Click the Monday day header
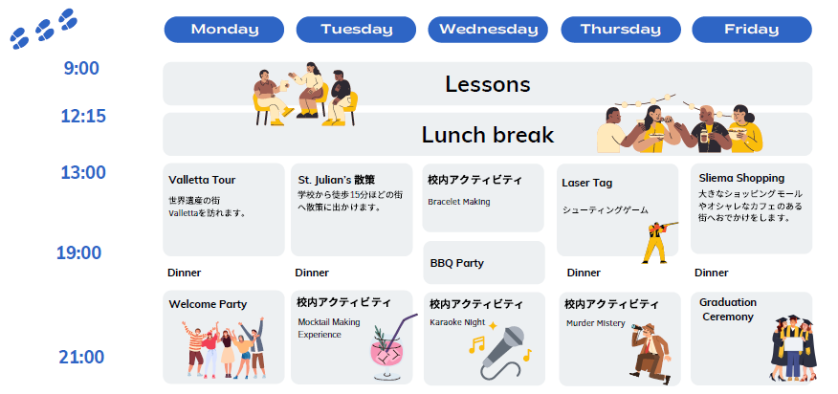pyautogui.click(x=224, y=30)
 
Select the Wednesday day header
pyautogui.click(x=488, y=30)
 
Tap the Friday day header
pyautogui.click(x=752, y=30)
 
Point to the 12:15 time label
pyautogui.click(x=83, y=116)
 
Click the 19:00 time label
pyautogui.click(x=79, y=252)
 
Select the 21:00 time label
pyautogui.click(x=81, y=357)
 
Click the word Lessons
pyautogui.click(x=488, y=84)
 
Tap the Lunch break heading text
pyautogui.click(x=488, y=135)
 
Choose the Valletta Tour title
pyautogui.click(x=202, y=180)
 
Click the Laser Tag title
pyautogui.click(x=586, y=183)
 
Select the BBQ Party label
pyautogui.click(x=457, y=263)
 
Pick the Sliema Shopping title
pyautogui.click(x=741, y=178)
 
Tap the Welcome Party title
pyautogui.click(x=208, y=304)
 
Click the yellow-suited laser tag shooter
pyautogui.click(x=658, y=242)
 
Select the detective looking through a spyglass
pyautogui.click(x=651, y=353)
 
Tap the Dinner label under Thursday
pyautogui.click(x=584, y=273)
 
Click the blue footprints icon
pyautogui.click(x=44, y=29)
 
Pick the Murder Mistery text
pyautogui.click(x=596, y=323)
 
